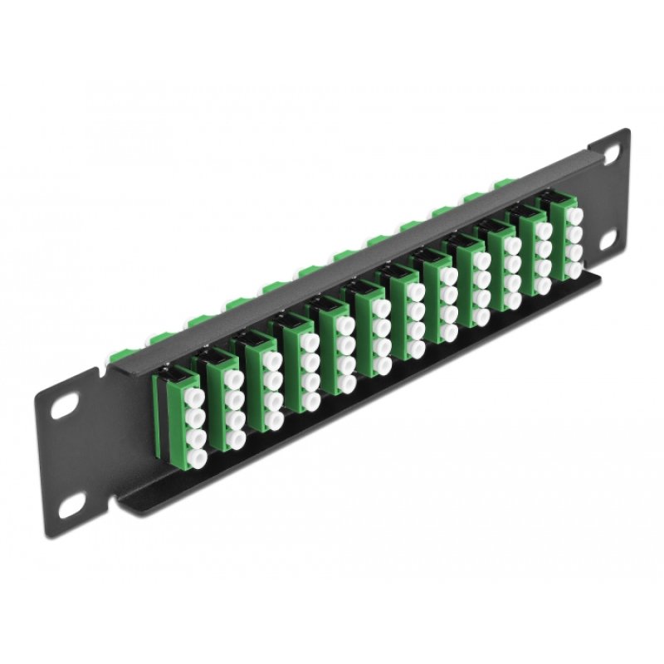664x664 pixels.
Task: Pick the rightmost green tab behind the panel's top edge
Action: [502, 182]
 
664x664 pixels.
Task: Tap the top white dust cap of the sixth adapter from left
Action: [379, 306]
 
